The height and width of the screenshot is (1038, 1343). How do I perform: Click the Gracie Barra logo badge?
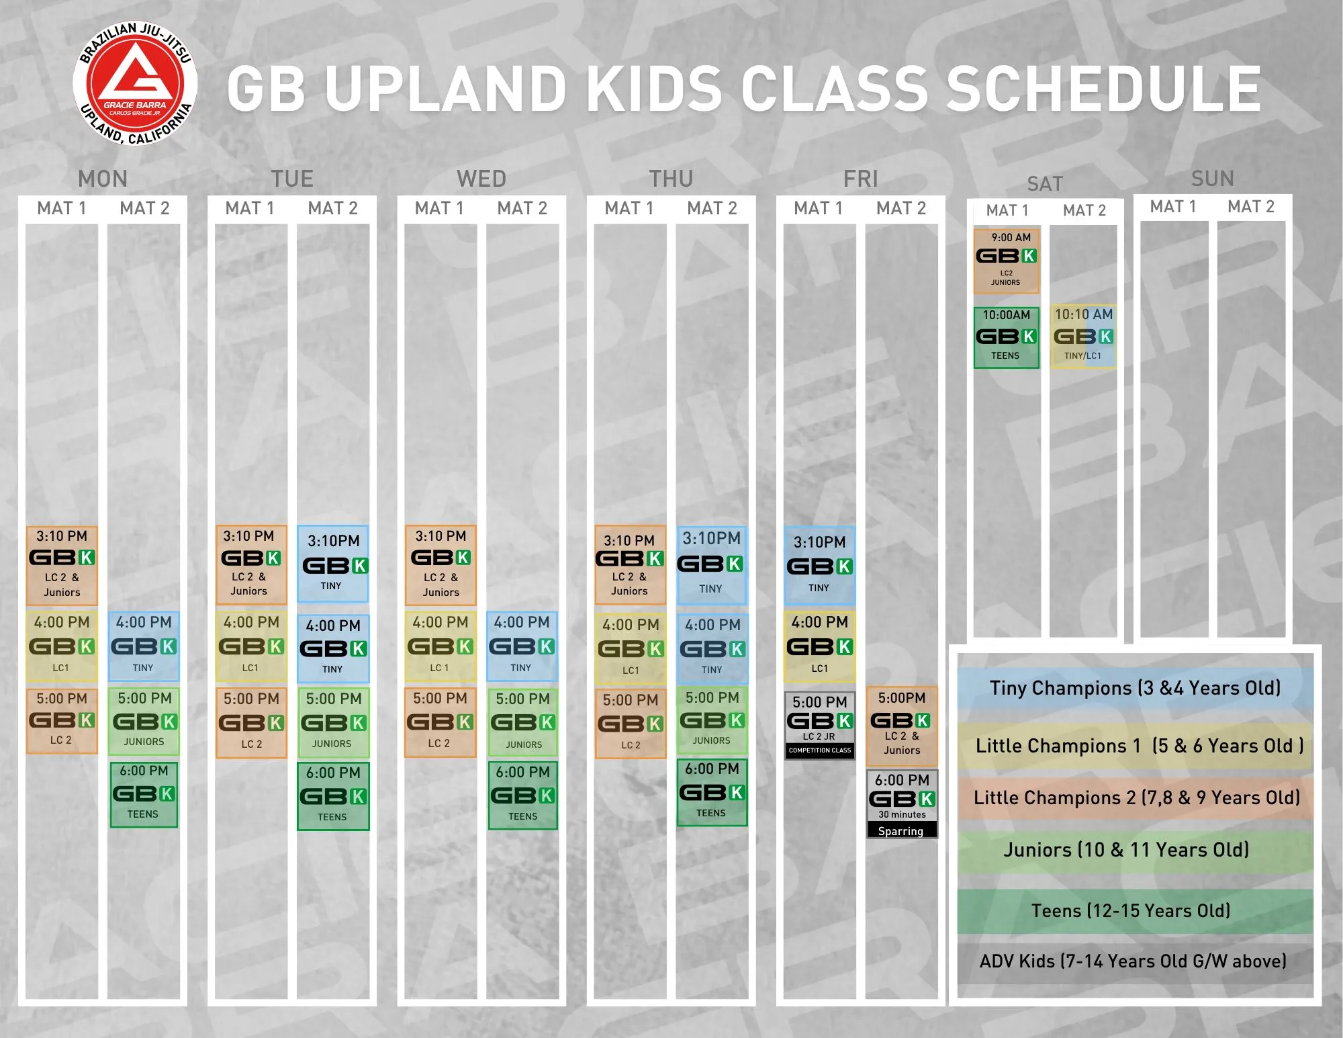[135, 83]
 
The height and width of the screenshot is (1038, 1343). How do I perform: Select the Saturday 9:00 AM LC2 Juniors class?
[1006, 261]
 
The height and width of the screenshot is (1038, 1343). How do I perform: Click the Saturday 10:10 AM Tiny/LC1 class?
[1083, 336]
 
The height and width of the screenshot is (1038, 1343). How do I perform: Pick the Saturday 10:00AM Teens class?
[1006, 337]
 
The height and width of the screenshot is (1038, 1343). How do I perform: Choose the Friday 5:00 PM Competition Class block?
[820, 726]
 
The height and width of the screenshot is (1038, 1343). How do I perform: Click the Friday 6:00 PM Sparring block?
[902, 804]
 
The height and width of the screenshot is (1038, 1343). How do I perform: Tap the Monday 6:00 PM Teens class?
[144, 794]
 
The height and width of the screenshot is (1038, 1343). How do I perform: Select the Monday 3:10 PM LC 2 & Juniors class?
[62, 565]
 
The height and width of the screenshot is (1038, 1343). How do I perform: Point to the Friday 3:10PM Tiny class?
[819, 566]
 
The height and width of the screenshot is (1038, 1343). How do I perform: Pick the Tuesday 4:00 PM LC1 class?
[251, 646]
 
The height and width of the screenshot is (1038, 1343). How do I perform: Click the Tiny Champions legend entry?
[1135, 689]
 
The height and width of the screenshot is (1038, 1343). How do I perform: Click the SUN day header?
[1213, 179]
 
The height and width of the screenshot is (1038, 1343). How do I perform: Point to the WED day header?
[481, 179]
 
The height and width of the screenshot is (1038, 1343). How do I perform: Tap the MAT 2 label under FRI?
[901, 209]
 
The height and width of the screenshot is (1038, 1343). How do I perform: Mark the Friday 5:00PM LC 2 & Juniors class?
[902, 726]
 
